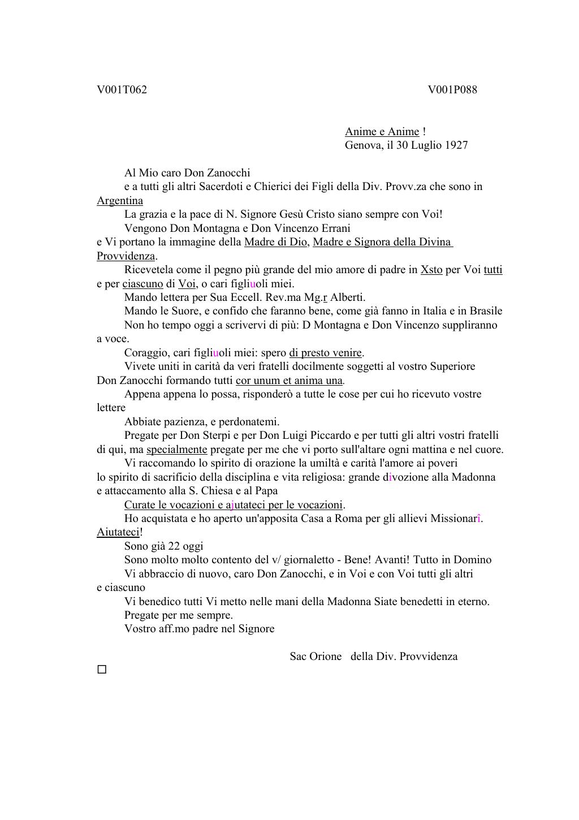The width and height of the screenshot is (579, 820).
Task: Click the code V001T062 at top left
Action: coord(122,90)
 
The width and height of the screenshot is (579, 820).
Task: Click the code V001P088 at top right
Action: coord(452,90)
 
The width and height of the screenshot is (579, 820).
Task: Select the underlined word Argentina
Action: coord(120,201)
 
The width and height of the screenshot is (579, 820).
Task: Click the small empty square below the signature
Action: coord(102,670)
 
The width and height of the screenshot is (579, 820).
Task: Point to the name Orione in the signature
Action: coord(325,657)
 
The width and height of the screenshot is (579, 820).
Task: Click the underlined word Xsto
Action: coord(431,270)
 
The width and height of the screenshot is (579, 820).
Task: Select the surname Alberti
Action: coord(348,297)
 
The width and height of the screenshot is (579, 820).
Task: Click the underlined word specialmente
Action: coord(177,450)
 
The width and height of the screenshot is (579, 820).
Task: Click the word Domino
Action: coord(472,560)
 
